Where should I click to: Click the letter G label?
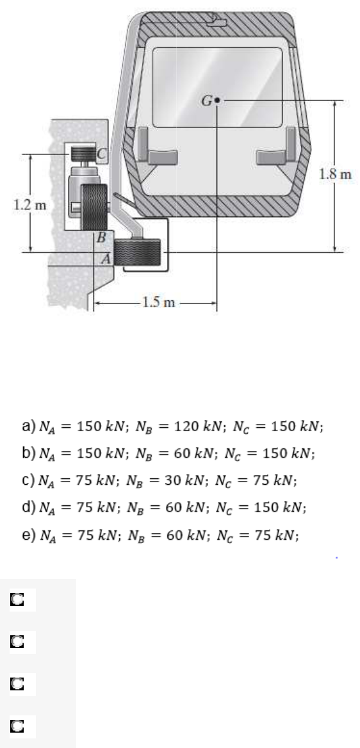pyautogui.click(x=207, y=101)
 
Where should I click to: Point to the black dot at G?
pyautogui.click(x=217, y=101)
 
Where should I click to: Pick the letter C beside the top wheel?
pyautogui.click(x=102, y=154)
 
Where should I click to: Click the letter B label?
pyautogui.click(x=101, y=237)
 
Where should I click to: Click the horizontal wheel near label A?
pyautogui.click(x=138, y=252)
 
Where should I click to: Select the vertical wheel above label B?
pyautogui.click(x=94, y=207)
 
